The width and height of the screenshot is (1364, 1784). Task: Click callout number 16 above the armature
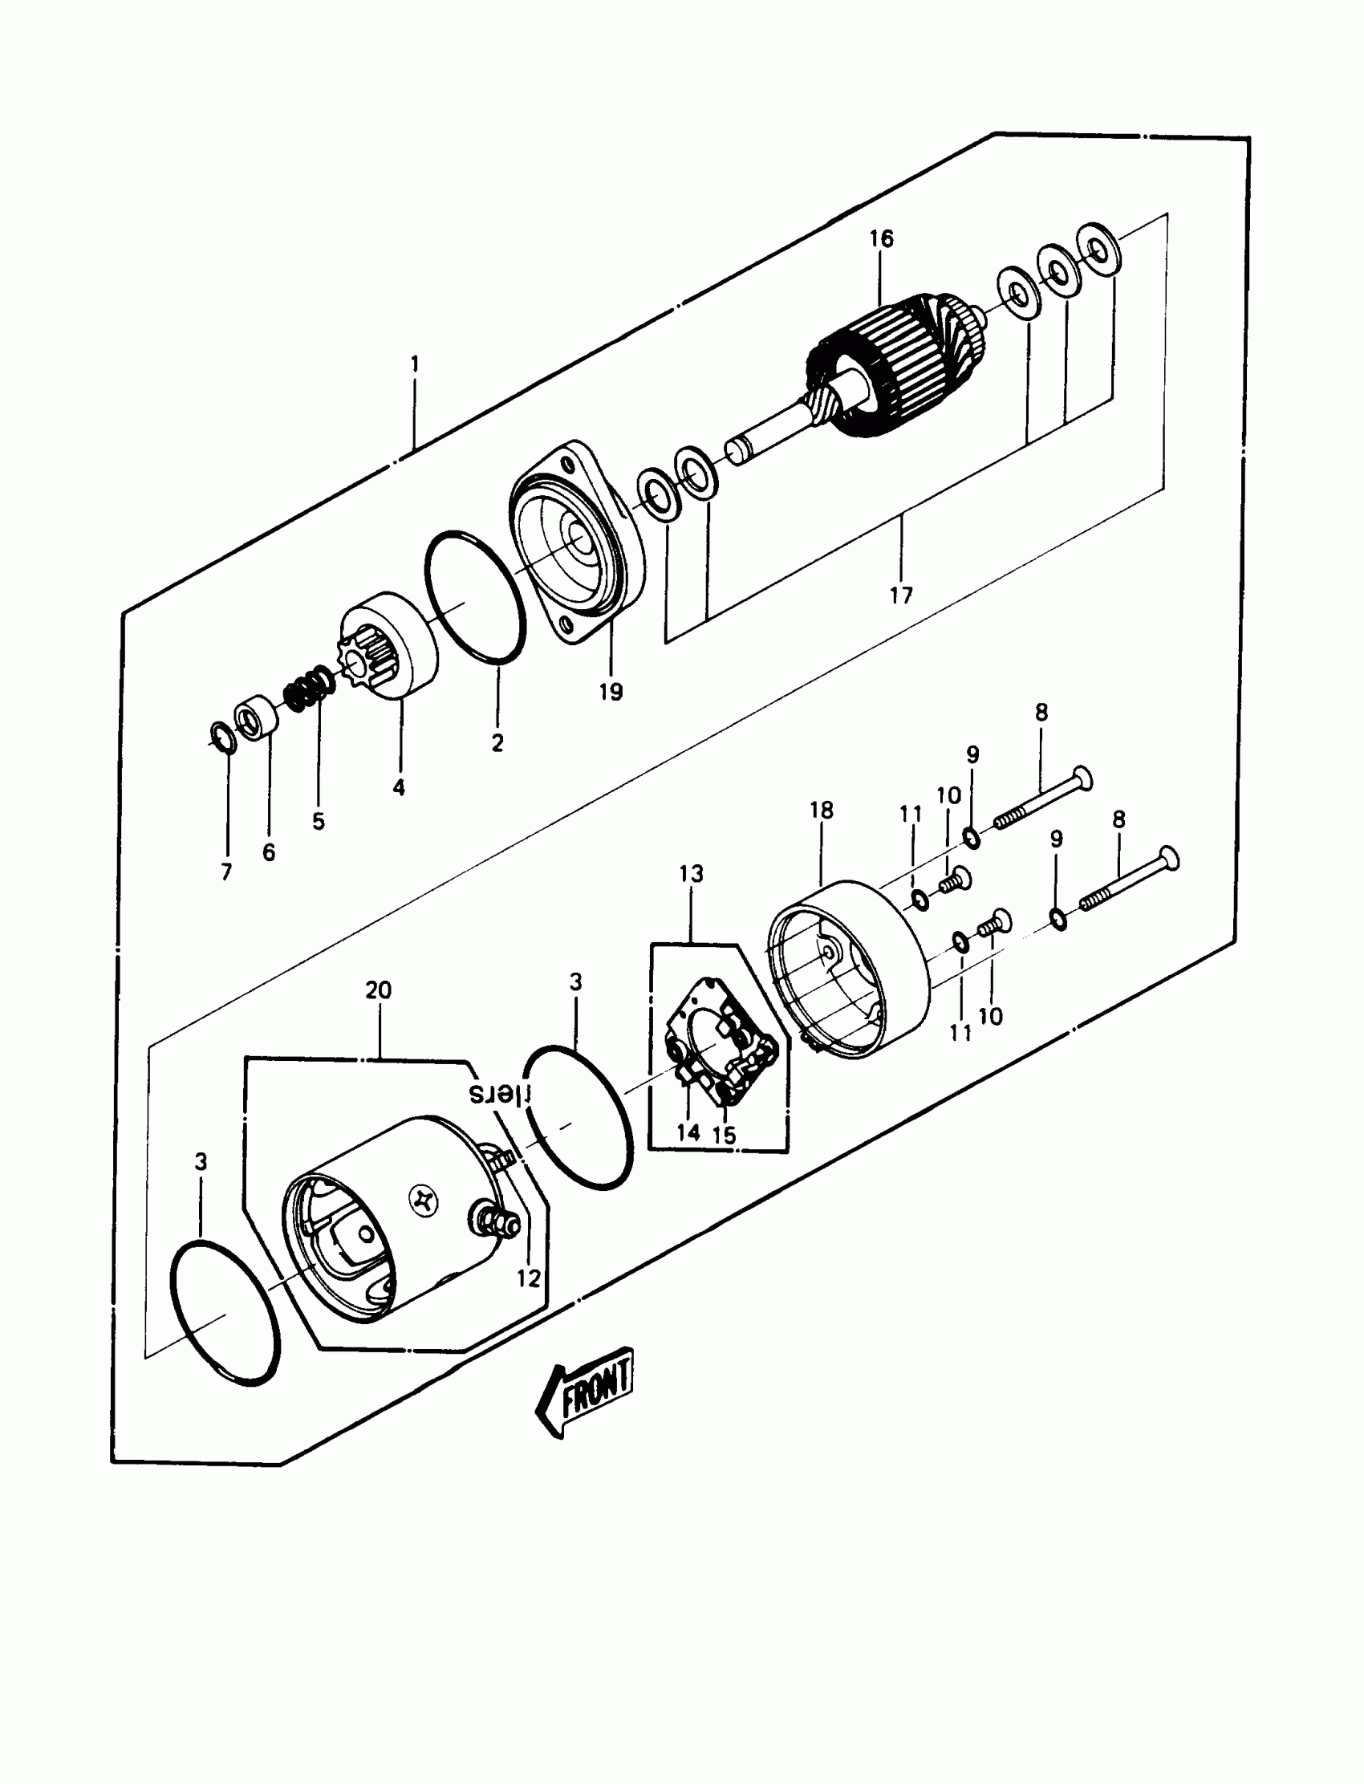tap(881, 238)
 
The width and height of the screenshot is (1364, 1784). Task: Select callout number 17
tap(900, 595)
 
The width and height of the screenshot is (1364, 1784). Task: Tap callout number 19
tap(611, 692)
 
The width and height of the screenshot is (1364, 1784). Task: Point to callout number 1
tap(415, 363)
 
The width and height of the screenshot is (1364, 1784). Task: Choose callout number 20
tap(379, 990)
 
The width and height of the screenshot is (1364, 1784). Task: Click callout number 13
tap(691, 874)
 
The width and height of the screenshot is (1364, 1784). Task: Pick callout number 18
tap(821, 810)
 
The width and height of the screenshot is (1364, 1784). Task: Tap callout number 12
tap(529, 1278)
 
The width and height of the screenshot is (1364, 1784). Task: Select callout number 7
tap(226, 872)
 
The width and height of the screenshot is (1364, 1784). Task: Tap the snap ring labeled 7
tap(221, 736)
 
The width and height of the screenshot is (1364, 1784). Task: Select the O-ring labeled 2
tap(475, 597)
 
